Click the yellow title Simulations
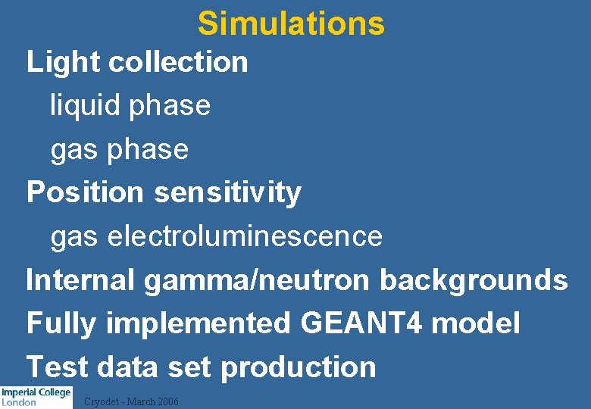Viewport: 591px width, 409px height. pyautogui.click(x=291, y=23)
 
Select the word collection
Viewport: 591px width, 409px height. pyautogui.click(x=178, y=62)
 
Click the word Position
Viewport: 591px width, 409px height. pyautogui.click(x=85, y=192)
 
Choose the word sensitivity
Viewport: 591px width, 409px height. pyautogui.click(x=227, y=192)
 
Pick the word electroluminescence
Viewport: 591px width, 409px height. pyautogui.click(x=245, y=236)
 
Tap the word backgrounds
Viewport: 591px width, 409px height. pyautogui.click(x=474, y=279)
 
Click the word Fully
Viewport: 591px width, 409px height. pyautogui.click(x=61, y=323)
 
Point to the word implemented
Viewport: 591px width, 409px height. pyautogui.click(x=198, y=323)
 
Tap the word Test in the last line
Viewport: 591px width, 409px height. pyautogui.click(x=58, y=367)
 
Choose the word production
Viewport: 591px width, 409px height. pyautogui.click(x=298, y=367)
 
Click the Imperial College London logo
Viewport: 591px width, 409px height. pyautogui.click(x=36, y=397)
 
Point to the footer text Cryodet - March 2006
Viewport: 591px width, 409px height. pyautogui.click(x=131, y=401)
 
